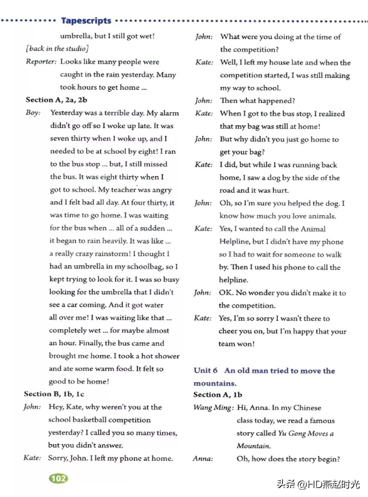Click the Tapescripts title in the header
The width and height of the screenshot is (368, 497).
pyautogui.click(x=86, y=20)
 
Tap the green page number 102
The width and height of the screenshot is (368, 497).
pyautogui.click(x=58, y=478)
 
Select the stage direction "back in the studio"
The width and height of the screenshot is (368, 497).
pyautogui.click(x=57, y=49)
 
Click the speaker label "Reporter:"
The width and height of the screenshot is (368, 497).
pyautogui.click(x=41, y=61)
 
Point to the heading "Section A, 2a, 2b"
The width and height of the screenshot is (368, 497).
pyautogui.click(x=56, y=100)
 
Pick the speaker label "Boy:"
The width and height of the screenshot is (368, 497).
pyautogui.click(x=33, y=113)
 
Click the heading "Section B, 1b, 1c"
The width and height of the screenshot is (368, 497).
pyautogui.click(x=54, y=394)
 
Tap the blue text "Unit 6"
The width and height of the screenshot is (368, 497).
pyautogui.click(x=205, y=370)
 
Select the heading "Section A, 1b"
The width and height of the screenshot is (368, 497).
pyautogui.click(x=217, y=395)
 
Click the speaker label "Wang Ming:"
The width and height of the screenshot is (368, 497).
pyautogui.click(x=213, y=407)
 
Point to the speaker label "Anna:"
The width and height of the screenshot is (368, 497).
pyautogui.click(x=203, y=459)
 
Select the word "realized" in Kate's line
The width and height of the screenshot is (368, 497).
pyautogui.click(x=331, y=114)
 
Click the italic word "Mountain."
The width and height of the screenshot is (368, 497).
pyautogui.click(x=254, y=446)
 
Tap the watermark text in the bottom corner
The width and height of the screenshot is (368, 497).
pyautogui.click(x=318, y=484)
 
